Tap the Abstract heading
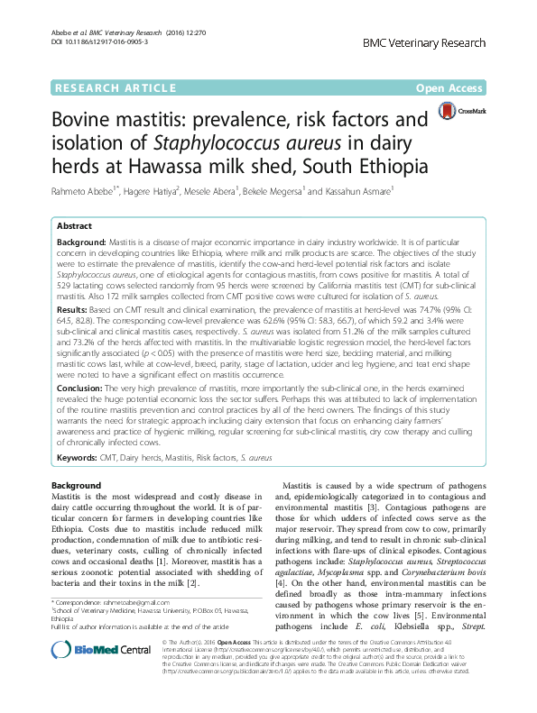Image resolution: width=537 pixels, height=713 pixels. [x=75, y=225]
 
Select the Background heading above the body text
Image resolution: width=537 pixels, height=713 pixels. [x=76, y=486]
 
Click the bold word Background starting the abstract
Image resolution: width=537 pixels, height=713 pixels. [x=81, y=242]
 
